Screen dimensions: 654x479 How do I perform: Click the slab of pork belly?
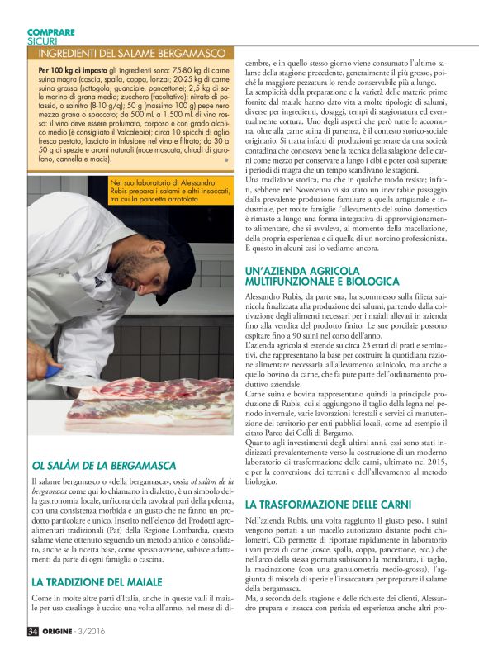149,409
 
